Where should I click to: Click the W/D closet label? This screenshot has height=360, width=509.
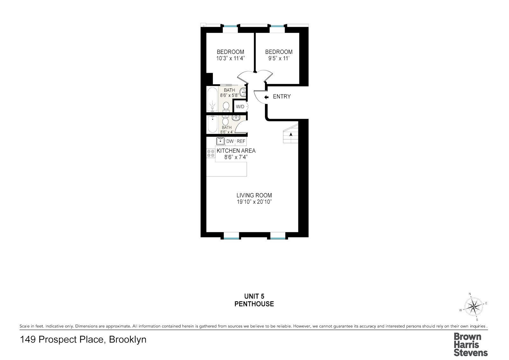(240, 107)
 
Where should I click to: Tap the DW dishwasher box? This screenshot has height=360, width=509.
(230, 141)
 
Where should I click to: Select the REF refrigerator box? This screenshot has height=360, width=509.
(241, 141)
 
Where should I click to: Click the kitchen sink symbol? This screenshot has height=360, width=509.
(220, 141)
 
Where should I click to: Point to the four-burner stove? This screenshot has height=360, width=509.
(211, 153)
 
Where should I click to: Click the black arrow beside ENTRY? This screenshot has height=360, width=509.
(266, 97)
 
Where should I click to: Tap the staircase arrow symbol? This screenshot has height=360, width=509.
(291, 135)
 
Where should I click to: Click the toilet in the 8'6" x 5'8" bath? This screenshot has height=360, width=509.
(226, 106)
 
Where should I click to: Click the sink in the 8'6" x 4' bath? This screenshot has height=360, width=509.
(236, 118)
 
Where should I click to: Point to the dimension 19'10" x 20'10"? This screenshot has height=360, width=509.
(254, 202)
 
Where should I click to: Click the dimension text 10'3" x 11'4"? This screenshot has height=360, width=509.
(230, 59)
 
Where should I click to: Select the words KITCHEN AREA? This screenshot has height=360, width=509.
(236, 151)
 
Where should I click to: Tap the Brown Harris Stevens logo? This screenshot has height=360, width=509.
(471, 344)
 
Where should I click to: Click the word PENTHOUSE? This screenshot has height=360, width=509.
(254, 304)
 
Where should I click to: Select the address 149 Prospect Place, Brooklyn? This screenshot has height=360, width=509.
(83, 340)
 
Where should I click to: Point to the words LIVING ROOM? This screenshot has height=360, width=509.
(254, 195)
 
